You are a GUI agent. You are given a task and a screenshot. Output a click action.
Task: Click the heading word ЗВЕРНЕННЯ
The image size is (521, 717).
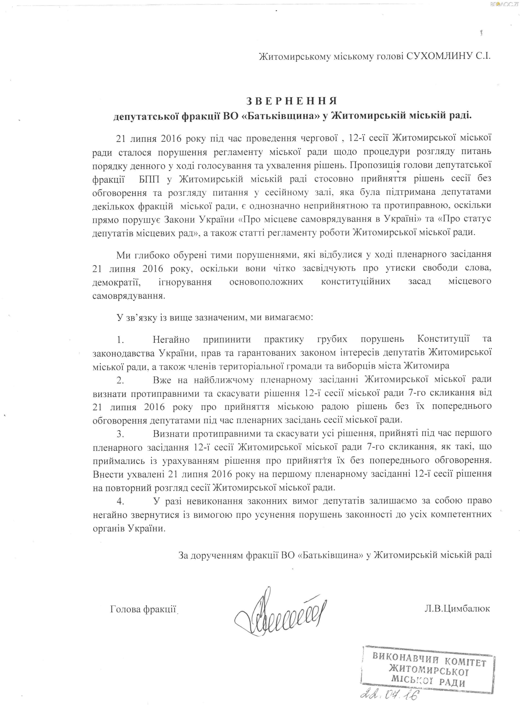[x=292, y=101]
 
